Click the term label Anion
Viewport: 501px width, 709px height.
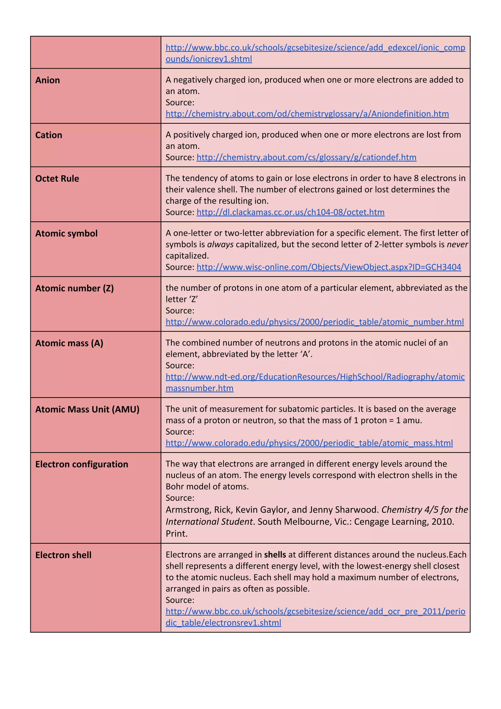point(47,80)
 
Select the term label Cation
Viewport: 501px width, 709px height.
point(49,135)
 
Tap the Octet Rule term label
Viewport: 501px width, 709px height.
point(57,179)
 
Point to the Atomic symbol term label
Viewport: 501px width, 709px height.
point(66,233)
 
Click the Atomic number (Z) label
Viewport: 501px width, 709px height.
point(74,288)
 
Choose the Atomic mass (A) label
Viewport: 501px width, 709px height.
point(69,343)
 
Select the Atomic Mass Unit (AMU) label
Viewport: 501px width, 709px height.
point(87,409)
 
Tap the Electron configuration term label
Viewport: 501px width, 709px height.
point(81,464)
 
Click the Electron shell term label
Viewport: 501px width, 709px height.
point(63,555)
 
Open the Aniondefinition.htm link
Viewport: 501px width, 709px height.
point(307,114)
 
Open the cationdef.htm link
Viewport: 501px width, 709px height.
point(306,157)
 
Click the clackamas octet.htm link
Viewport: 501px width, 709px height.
point(290,212)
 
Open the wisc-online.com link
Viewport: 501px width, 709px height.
point(329,267)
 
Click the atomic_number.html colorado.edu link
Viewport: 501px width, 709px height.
point(314,322)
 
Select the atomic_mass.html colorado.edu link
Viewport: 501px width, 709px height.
point(309,443)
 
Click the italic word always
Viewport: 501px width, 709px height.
point(220,245)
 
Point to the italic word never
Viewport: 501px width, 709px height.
point(457,245)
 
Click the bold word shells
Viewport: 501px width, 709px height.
point(275,555)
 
